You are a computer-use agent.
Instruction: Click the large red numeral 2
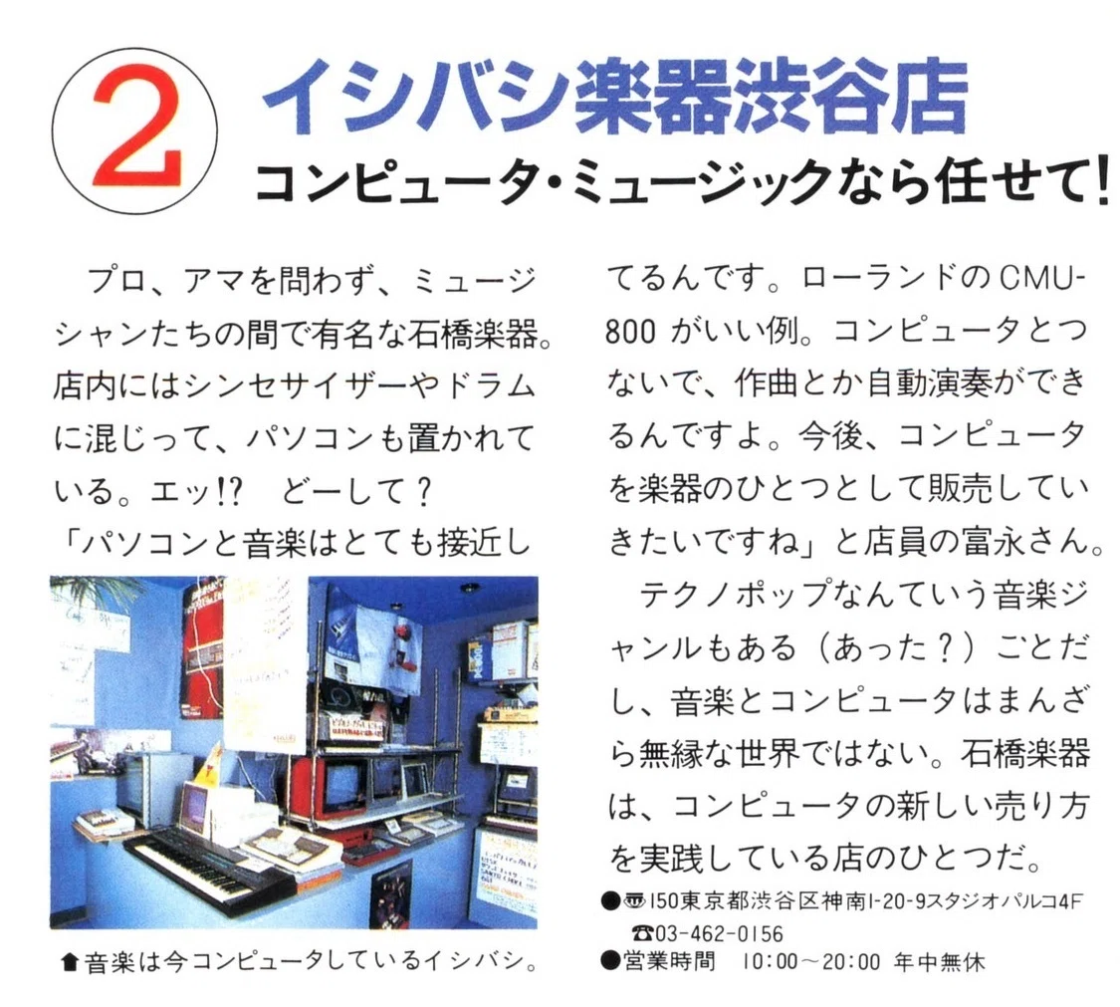click(x=135, y=127)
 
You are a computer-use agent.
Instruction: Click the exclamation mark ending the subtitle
click(x=1103, y=184)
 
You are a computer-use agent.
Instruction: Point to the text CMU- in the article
click(x=1041, y=279)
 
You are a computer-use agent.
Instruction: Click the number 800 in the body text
click(x=629, y=332)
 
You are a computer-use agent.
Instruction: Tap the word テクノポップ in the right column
click(x=735, y=595)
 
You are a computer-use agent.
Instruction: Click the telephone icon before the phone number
click(x=643, y=933)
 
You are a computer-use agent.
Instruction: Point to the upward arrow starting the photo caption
click(x=70, y=963)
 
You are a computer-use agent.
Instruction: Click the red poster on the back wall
click(x=203, y=650)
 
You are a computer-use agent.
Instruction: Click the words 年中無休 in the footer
click(x=940, y=962)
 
